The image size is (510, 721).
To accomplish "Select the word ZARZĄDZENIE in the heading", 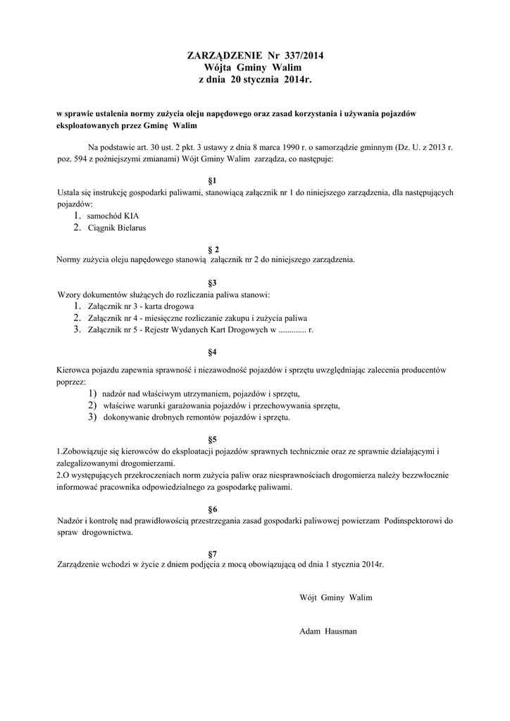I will pos(223,55).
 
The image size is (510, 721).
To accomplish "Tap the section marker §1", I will pos(213,180).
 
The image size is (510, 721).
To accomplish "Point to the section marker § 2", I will pos(213,249).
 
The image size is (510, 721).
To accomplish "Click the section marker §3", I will pos(213,282).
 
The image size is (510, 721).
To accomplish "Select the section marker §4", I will pos(213,351).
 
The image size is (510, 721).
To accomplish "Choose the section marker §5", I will pos(213,439).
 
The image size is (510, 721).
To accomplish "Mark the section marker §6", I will pos(213,508).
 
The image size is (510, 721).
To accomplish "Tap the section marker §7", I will pos(213,553).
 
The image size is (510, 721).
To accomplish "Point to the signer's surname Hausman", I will pos(340,631).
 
